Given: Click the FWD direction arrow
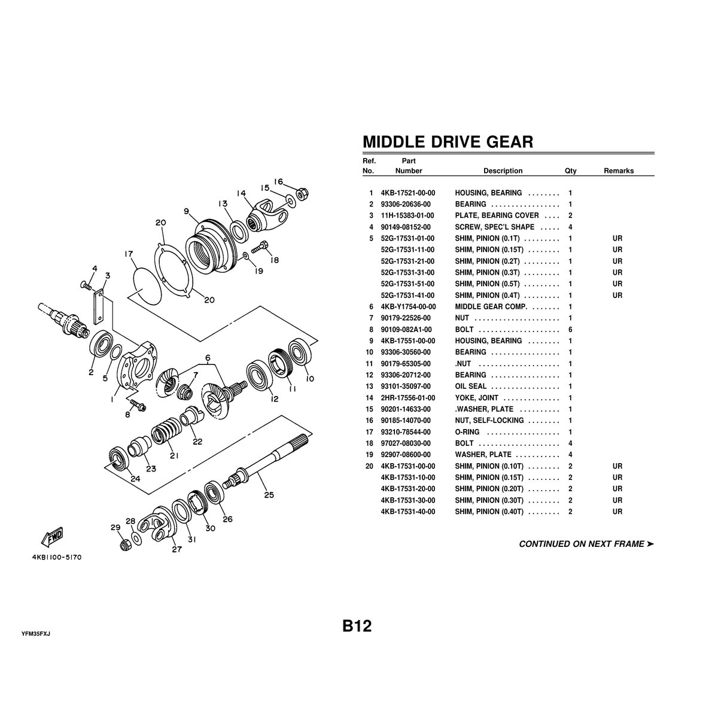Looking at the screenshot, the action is tap(52, 537).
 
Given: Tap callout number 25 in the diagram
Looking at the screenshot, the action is tap(269, 495).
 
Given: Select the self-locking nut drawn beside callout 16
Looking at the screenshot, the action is tap(302, 193).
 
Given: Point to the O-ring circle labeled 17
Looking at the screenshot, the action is tap(148, 285).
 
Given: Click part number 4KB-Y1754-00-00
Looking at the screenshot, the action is tap(408, 307).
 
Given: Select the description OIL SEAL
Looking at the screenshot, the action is tap(471, 387).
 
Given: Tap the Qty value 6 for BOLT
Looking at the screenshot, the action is tap(570, 329).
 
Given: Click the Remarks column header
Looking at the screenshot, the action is tap(619, 171).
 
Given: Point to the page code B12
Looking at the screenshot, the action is tap(357, 626).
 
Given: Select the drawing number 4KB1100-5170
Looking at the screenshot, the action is tap(57, 558).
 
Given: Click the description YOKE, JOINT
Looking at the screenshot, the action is tap(476, 397).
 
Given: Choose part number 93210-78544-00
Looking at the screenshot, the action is tap(406, 432).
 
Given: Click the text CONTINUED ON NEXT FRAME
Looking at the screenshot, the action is tap(581, 544).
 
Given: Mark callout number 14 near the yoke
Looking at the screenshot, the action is tap(241, 193).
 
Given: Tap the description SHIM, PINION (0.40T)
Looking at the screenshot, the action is tap(489, 512).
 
